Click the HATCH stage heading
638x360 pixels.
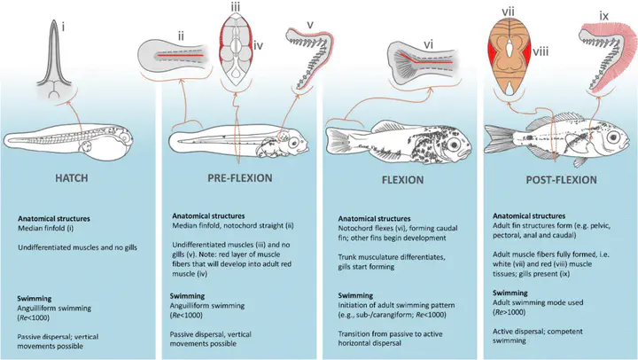click(72, 178)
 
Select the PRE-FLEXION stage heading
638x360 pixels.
click(239, 178)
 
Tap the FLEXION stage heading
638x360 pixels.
click(403, 180)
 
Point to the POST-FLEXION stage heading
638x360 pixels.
click(561, 180)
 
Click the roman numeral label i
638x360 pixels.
click(63, 27)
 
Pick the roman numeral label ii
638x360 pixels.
click(181, 36)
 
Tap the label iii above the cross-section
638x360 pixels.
click(235, 7)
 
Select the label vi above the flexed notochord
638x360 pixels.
click(428, 44)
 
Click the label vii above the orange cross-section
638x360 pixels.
click(509, 12)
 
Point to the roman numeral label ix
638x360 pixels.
click(603, 16)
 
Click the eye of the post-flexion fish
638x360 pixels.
click(613, 137)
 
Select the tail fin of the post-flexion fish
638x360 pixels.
click(496, 138)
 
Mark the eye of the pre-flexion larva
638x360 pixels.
click(294, 143)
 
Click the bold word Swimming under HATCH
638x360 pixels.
click(35, 299)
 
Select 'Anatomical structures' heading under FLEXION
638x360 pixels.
click(374, 219)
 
